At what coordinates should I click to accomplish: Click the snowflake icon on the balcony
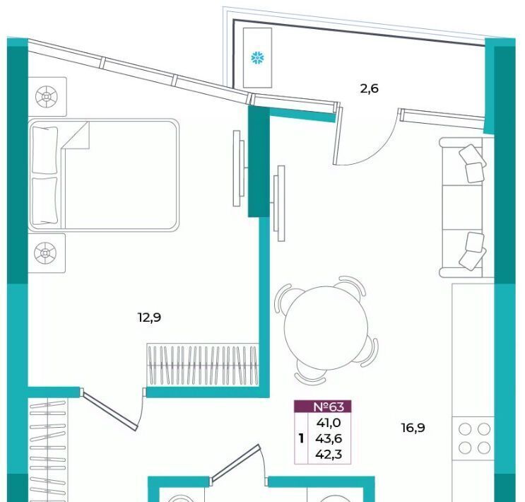coord(257,58)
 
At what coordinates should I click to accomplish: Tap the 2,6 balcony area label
coord(369,89)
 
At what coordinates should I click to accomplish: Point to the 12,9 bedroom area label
coord(149,317)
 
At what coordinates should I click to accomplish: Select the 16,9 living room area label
coord(413,428)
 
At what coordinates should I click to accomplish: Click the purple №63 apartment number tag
coord(323,407)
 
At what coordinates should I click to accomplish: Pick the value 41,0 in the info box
coord(329,423)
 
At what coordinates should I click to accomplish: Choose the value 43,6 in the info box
coord(329,438)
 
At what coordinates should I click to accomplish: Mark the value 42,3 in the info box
coord(329,454)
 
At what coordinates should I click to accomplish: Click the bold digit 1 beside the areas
coord(301,438)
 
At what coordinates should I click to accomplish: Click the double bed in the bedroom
coord(104,175)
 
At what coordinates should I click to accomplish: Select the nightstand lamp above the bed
coord(47,97)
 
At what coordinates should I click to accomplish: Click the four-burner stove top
coord(474,438)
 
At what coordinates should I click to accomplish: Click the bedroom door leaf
coord(109,409)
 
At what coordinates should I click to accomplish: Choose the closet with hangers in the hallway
coord(47,449)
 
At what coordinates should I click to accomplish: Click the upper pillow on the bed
coord(45,150)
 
